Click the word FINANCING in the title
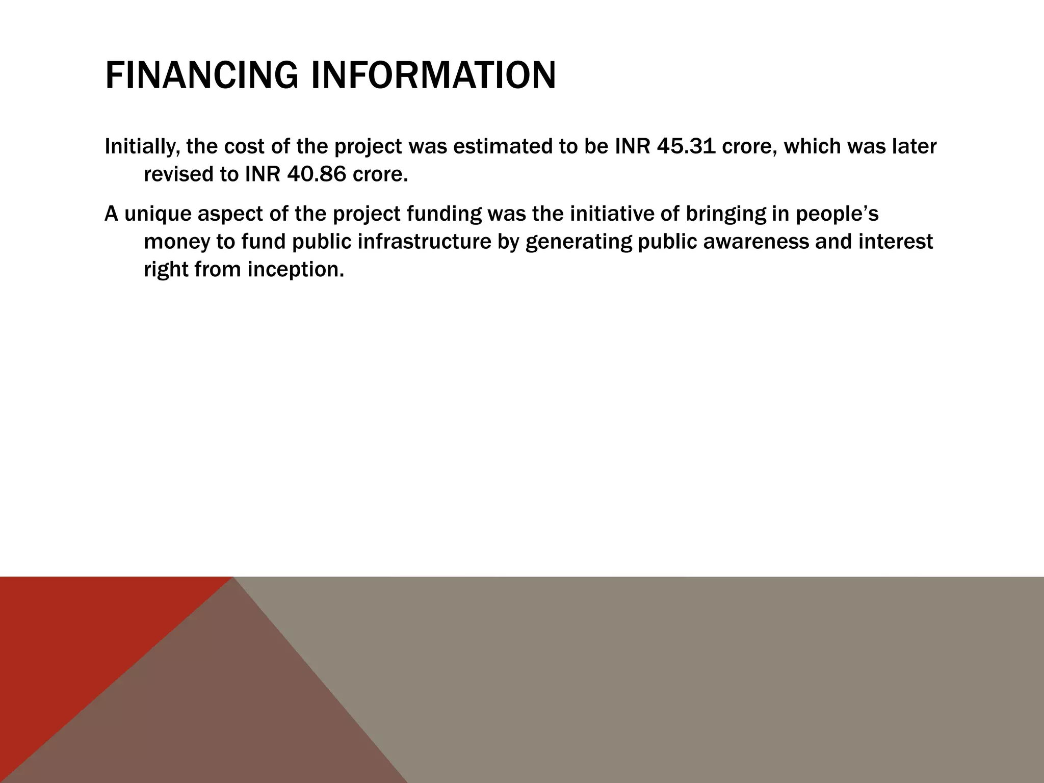click(x=201, y=75)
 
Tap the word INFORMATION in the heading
click(x=433, y=75)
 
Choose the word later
click(x=913, y=147)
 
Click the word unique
click(x=158, y=214)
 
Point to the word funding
click(x=443, y=214)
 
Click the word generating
click(x=578, y=242)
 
